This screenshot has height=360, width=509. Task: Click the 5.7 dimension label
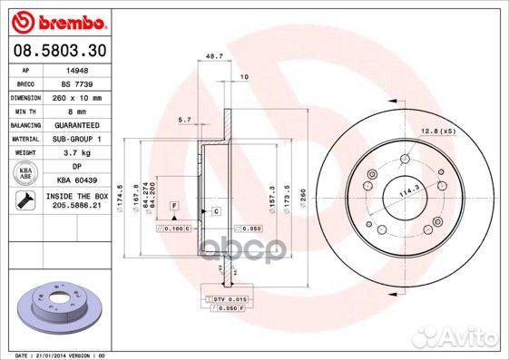point(185,120)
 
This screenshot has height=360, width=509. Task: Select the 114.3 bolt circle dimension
point(395,190)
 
